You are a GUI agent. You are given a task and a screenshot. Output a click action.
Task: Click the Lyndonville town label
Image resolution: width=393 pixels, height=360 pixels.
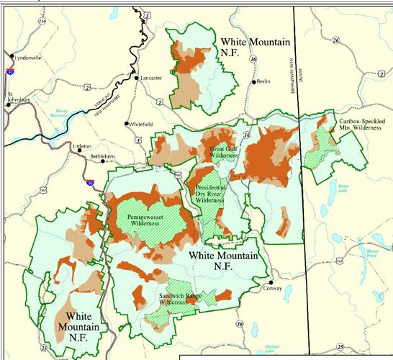29,57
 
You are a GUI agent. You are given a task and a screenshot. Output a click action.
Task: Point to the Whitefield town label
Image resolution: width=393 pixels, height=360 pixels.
141,124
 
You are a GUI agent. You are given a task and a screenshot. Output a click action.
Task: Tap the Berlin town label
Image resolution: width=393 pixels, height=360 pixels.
263,81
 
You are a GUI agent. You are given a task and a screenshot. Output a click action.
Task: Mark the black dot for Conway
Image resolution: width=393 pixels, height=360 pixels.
271,282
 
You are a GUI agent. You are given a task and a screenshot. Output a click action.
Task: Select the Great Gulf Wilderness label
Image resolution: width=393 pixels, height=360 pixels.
222,152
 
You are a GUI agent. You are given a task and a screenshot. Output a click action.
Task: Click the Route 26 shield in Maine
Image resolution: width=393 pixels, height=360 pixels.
335,41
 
